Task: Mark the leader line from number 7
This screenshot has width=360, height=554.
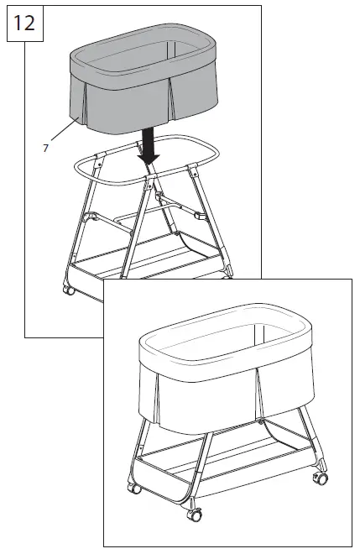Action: [x=64, y=134]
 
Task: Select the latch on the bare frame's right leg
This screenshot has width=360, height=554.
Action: [x=200, y=215]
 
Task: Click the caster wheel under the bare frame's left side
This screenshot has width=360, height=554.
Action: [x=69, y=290]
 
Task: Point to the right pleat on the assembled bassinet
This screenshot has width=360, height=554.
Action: [x=259, y=390]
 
